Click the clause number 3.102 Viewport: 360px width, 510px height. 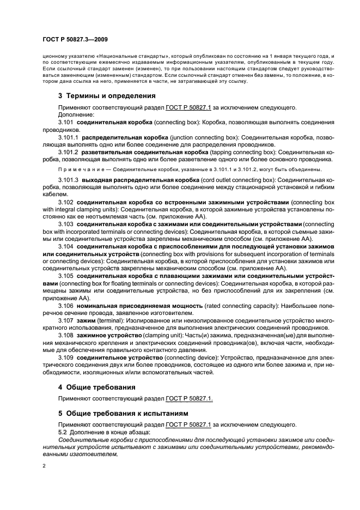[66, 202]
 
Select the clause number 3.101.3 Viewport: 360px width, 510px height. [68, 179]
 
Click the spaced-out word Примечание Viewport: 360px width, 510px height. [79, 169]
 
